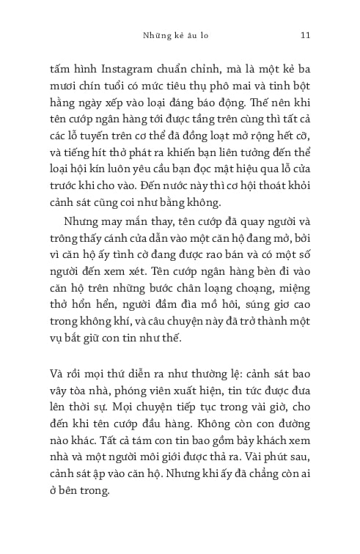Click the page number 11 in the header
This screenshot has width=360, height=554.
click(x=306, y=34)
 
